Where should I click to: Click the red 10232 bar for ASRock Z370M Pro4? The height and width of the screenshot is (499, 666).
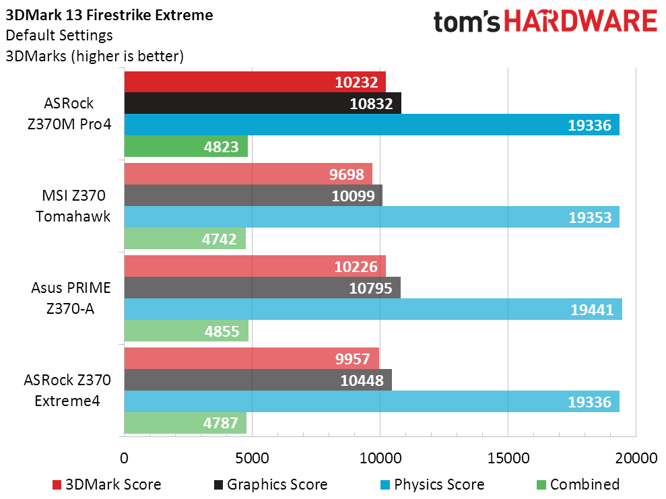coord(255,82)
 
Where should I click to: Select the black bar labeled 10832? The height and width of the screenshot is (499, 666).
coord(263,103)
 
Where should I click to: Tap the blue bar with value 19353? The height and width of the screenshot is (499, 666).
coord(372,217)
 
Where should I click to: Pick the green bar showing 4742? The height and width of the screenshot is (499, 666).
coord(185,238)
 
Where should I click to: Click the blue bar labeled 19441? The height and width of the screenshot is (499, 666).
coord(373,309)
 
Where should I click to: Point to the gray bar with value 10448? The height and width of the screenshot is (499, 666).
coord(258,380)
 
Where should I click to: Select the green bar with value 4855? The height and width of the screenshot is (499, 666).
coord(186,331)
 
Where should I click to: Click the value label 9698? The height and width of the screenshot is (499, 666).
coord(347,174)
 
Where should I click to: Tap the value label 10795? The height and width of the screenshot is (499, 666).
coord(370,288)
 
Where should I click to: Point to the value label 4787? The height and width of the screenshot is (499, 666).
coord(220,423)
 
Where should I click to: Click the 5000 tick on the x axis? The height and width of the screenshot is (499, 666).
coord(252,458)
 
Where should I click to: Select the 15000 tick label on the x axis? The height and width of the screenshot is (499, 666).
coord(508,458)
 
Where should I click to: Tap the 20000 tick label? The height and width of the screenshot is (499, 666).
coord(636,458)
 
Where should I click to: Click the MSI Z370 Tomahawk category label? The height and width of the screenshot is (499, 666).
coord(73,206)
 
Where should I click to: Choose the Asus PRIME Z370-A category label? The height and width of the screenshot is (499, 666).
coord(71,298)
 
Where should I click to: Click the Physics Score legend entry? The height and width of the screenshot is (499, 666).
coord(432,485)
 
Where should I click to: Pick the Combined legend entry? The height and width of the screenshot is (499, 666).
coord(578,485)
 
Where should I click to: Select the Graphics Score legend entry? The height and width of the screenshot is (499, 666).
coord(271,485)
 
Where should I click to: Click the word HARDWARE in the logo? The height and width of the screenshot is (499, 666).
coord(580,22)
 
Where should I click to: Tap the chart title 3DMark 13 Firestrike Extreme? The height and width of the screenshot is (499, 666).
coord(109,15)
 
